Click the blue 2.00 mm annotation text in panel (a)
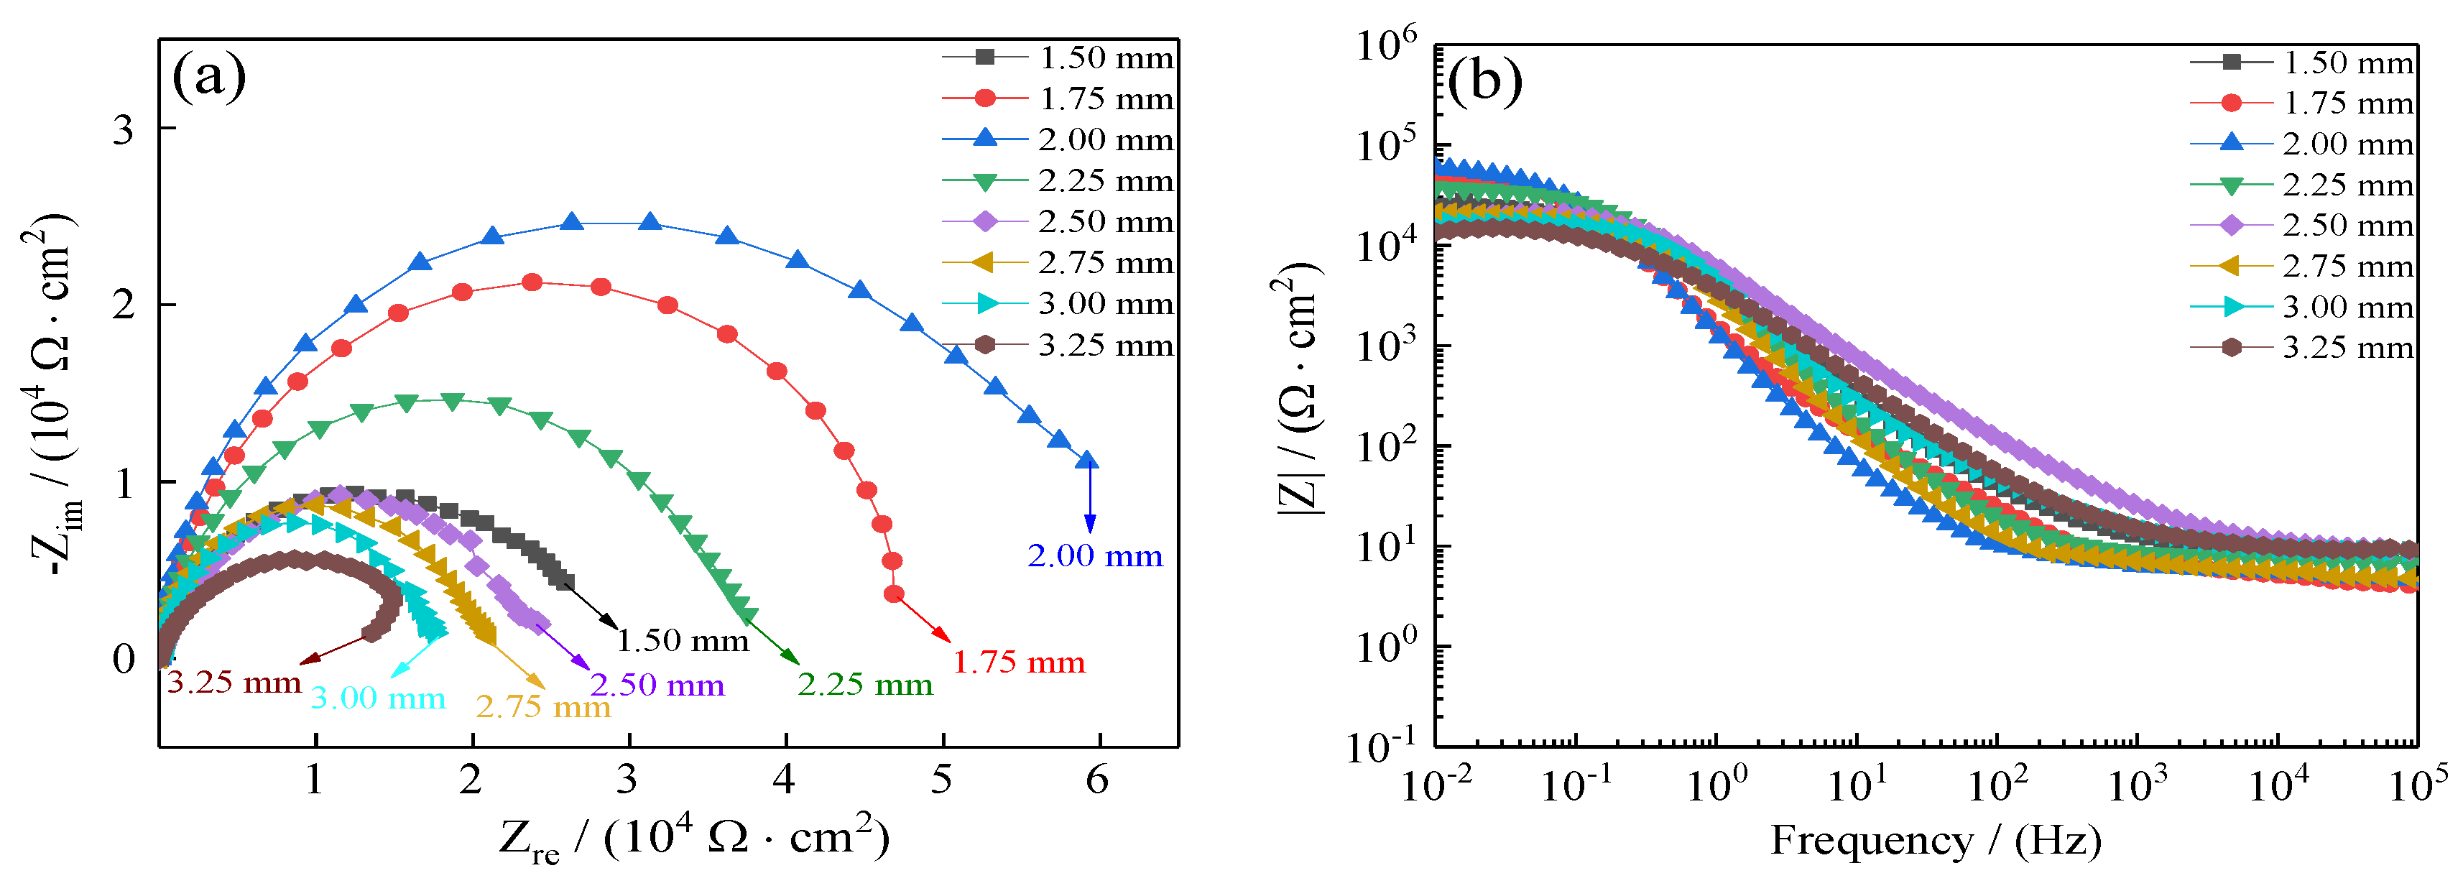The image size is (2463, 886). click(1095, 555)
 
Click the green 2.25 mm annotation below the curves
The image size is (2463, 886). click(864, 684)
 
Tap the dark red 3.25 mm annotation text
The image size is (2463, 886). click(234, 683)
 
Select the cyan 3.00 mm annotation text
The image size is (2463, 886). click(378, 698)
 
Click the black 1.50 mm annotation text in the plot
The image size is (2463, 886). click(682, 640)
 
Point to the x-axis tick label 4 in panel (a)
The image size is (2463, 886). click(784, 780)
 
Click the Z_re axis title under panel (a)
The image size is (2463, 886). click(694, 838)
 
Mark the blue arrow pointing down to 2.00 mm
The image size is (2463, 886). click(1089, 497)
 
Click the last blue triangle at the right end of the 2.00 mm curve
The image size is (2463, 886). click(1086, 460)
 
